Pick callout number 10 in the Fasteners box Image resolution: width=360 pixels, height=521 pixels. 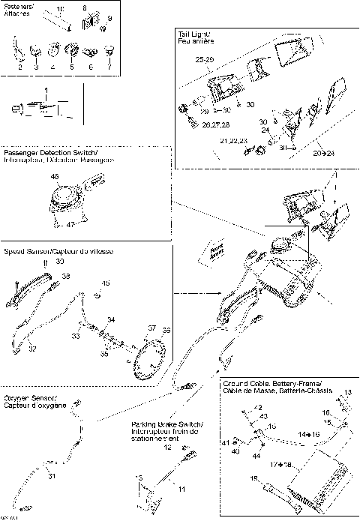(x=60, y=7)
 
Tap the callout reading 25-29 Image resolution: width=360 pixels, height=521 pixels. (x=205, y=58)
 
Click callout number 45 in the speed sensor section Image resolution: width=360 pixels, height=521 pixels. (x=106, y=283)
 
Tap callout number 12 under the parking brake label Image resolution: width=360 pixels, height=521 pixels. (x=168, y=448)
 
